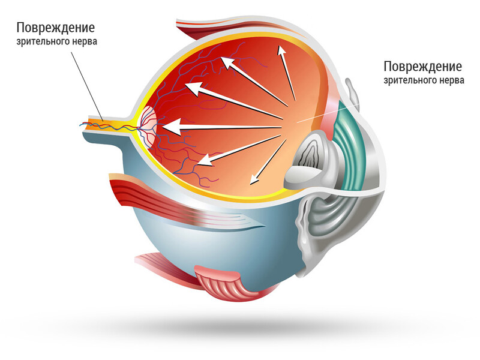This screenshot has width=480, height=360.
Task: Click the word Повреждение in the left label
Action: click(x=56, y=28)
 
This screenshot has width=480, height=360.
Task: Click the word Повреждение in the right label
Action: click(x=423, y=66)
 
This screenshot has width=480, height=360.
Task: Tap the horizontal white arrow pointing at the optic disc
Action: click(x=222, y=127)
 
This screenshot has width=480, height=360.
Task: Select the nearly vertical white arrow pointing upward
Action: click(x=286, y=73)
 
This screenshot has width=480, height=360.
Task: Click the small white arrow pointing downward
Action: click(x=268, y=162)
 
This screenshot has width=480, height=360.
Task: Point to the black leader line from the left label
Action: click(x=87, y=86)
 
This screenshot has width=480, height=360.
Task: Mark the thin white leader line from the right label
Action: click(x=328, y=113)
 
